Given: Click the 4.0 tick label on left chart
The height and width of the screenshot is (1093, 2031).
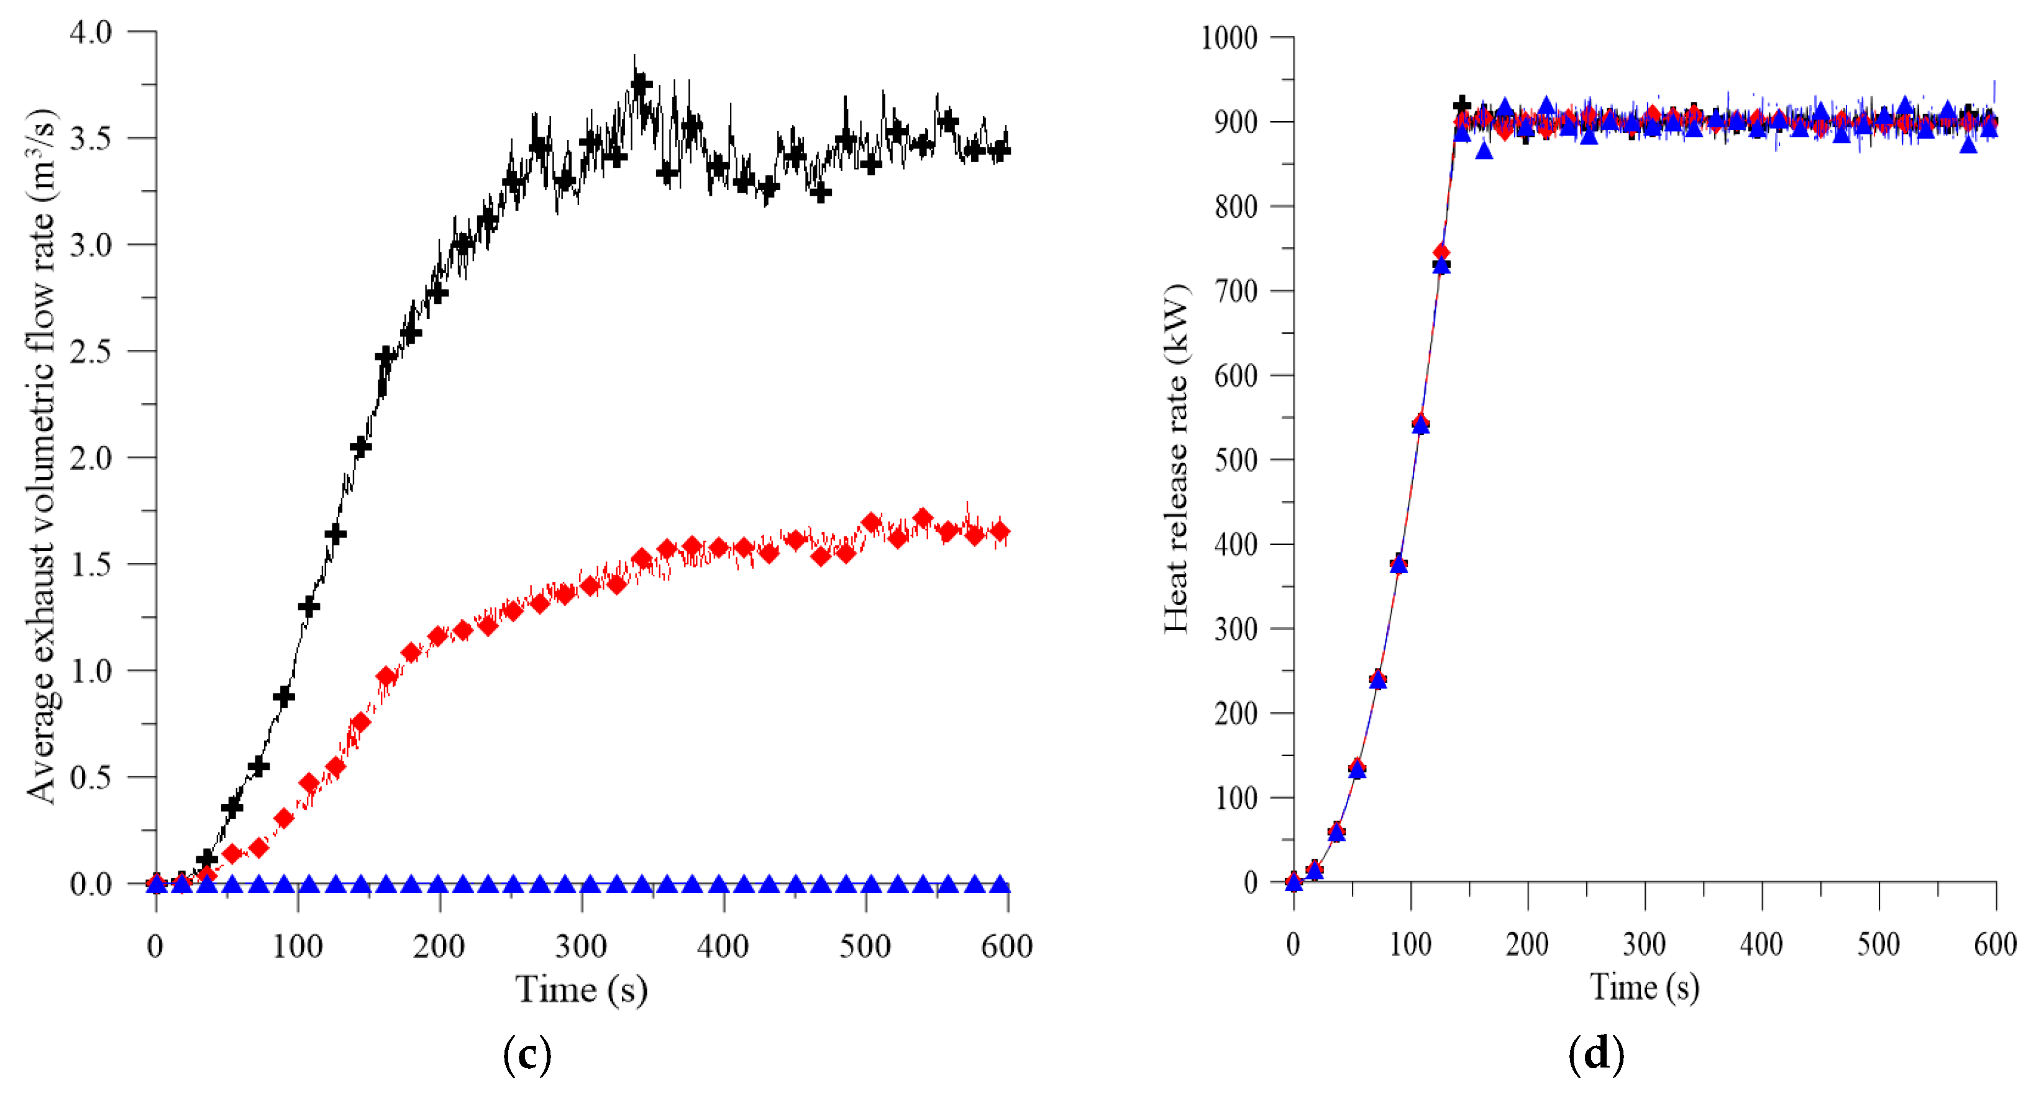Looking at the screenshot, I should [91, 33].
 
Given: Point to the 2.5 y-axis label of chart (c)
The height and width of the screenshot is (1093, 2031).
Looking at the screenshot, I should [91, 352].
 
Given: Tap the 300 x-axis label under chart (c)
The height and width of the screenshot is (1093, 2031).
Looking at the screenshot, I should [580, 946].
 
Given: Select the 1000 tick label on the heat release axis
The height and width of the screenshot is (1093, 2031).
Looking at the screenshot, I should [1228, 38].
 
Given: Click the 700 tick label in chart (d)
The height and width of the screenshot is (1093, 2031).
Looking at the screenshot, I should [1236, 291].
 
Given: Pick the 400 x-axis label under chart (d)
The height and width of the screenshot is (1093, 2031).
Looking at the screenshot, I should [1761, 944].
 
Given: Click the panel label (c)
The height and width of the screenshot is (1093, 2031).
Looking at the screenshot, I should [527, 1054].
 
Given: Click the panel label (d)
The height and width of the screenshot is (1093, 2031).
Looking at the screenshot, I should [1595, 1054].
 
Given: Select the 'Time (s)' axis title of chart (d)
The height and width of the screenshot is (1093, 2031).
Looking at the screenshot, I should [1644, 987].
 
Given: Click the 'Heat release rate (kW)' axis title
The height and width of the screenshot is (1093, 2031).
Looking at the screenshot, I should [1176, 457].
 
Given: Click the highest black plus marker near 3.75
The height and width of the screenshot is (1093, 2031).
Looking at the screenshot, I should [641, 85].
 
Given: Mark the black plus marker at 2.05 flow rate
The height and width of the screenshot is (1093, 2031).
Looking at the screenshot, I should [360, 447].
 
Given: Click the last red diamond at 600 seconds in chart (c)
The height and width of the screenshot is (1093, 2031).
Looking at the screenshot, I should [1000, 533].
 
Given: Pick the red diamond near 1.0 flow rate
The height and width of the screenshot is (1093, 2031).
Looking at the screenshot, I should [386, 676].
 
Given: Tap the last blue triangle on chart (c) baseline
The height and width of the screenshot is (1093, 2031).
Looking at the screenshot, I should [1000, 884].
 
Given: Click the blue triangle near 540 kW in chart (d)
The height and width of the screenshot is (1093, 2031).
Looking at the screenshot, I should [1420, 425].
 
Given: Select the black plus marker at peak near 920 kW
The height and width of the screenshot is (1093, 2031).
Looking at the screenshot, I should [1462, 105].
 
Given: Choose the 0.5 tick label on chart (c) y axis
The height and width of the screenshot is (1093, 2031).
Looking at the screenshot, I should [91, 779].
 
